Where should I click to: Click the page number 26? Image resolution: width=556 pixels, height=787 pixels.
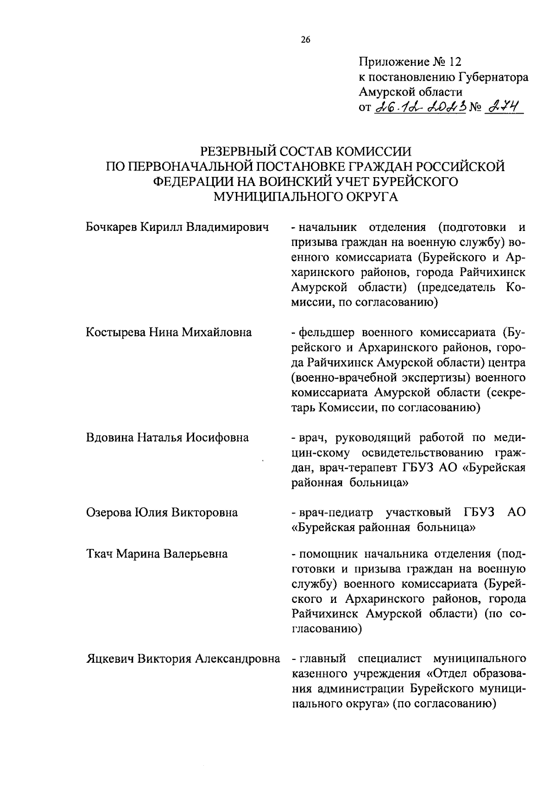(305, 40)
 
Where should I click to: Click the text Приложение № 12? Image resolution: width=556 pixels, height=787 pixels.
(411, 62)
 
